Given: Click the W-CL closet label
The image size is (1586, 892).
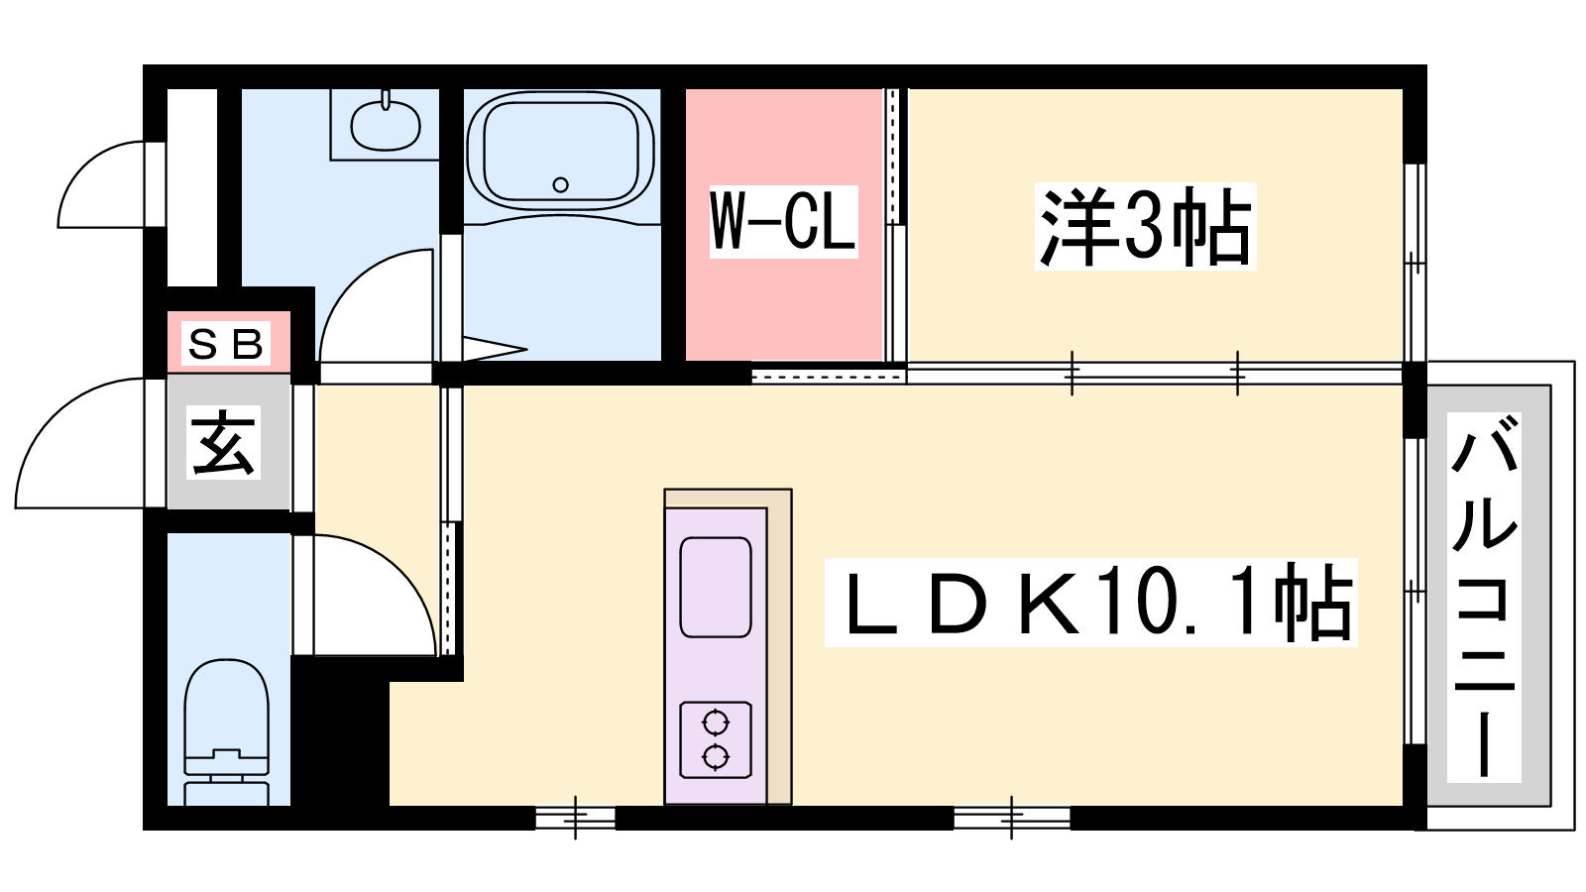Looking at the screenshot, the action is point(783,221).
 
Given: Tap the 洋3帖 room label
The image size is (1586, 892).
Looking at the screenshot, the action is point(1145,226).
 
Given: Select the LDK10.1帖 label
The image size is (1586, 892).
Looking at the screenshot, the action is point(1090,603).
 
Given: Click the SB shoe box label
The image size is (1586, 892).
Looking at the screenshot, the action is point(226,343).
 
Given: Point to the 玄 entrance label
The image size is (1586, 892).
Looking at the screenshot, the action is point(223,442).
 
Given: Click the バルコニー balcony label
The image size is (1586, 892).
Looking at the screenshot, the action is point(1484,597).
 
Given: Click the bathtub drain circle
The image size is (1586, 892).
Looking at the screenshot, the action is point(561,184).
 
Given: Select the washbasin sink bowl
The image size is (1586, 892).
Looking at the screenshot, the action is point(386,125).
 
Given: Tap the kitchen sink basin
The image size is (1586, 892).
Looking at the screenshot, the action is point(715,587).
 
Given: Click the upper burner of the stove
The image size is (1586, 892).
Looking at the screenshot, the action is point(715,723).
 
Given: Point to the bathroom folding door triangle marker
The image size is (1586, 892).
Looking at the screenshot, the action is point(495,348).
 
